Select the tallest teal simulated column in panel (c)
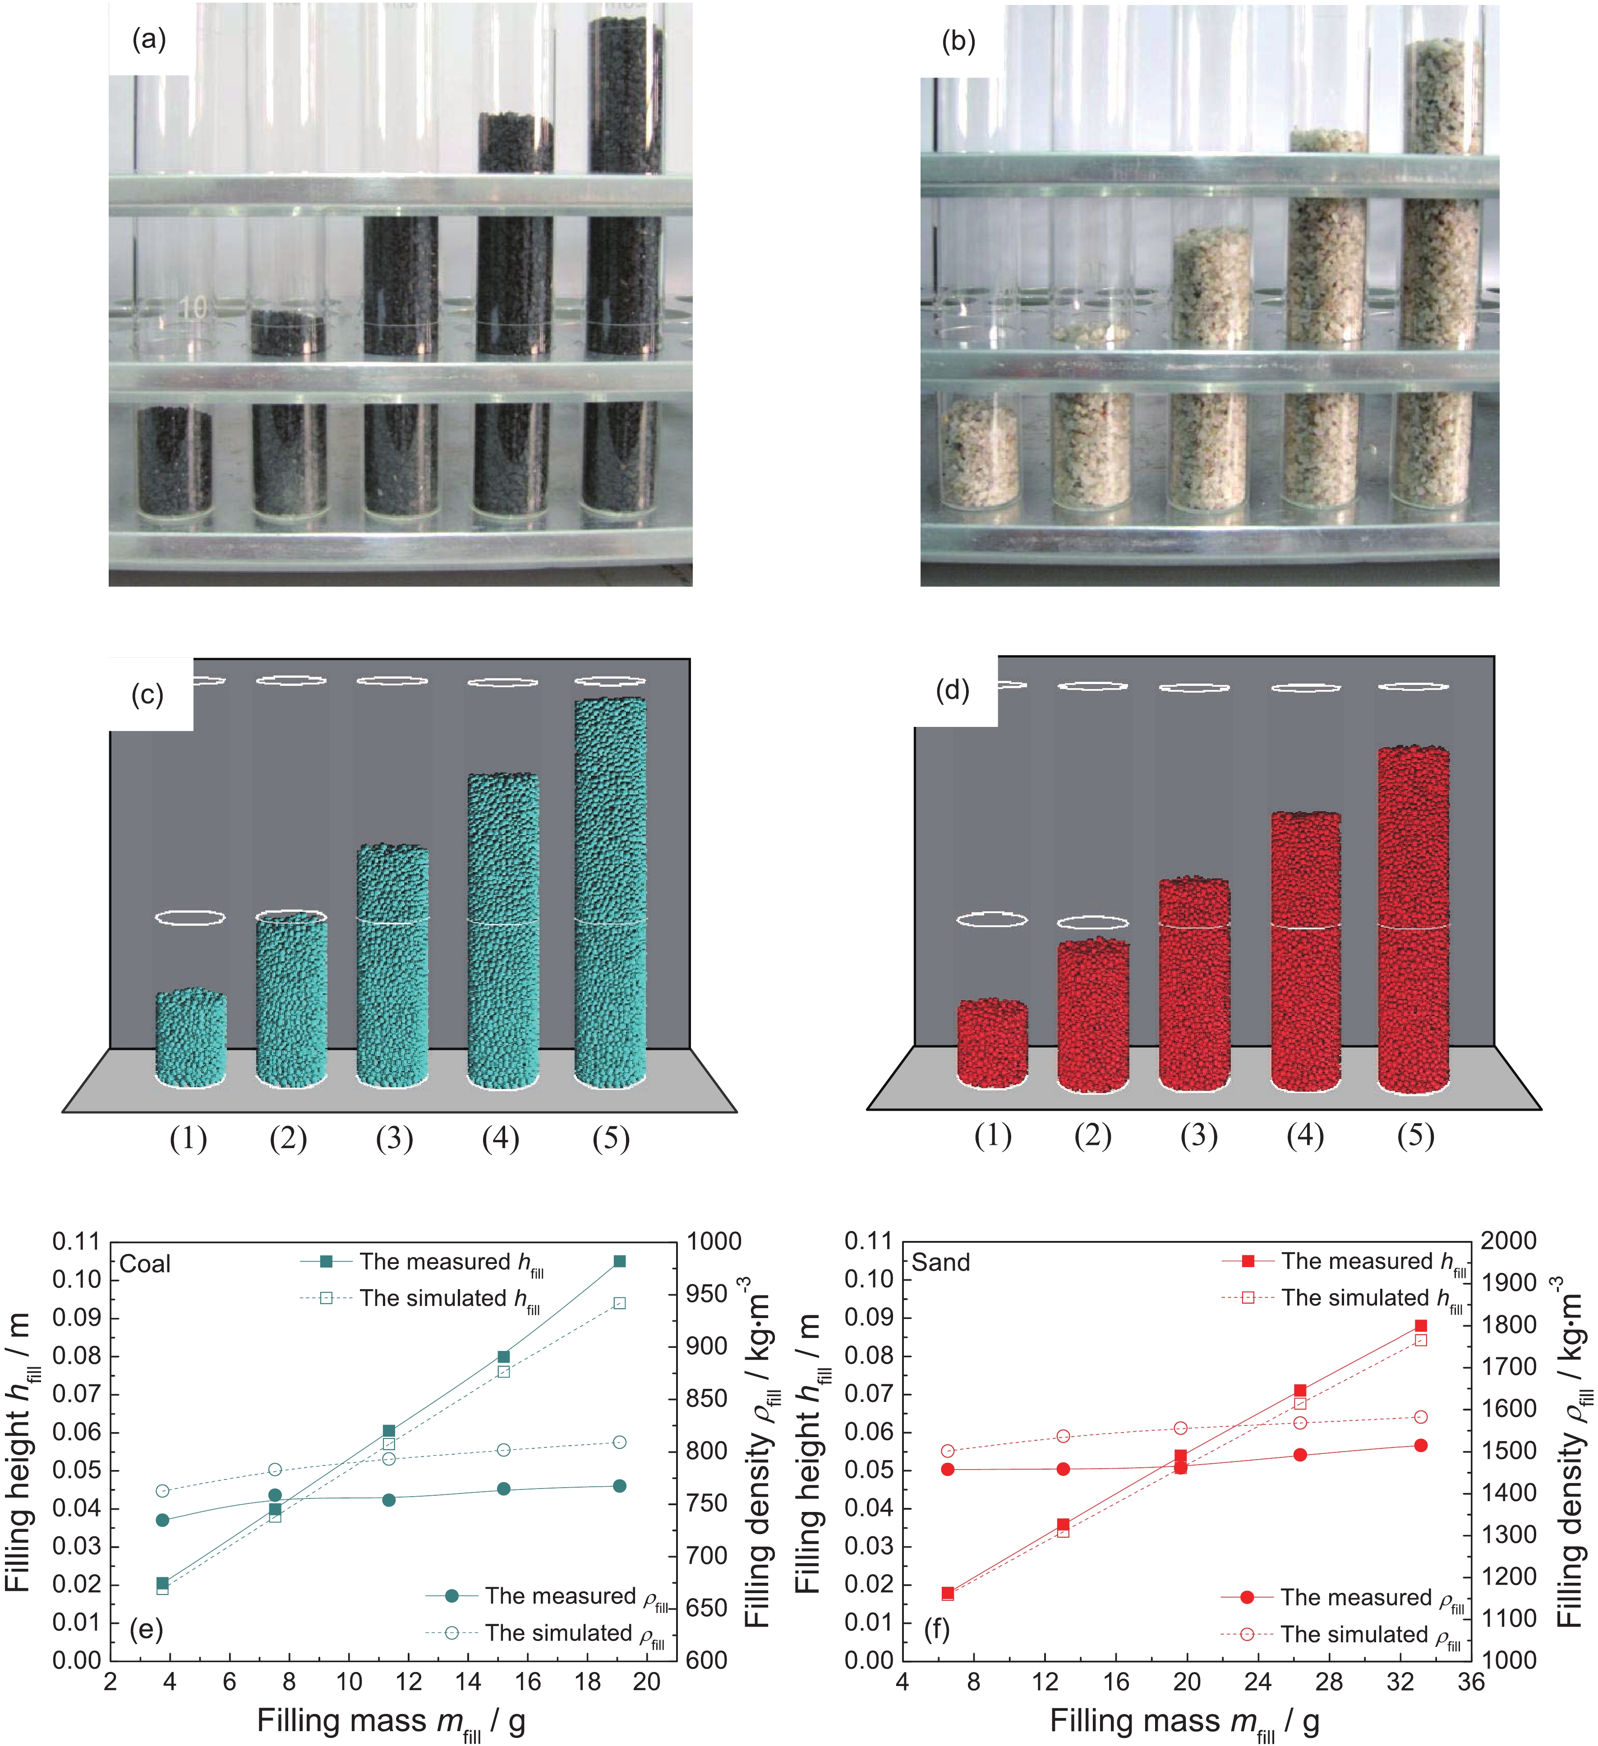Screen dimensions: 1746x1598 611,892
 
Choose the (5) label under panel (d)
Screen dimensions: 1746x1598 1415,1135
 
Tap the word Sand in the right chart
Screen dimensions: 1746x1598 940,1263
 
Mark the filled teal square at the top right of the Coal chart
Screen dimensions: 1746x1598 619,1262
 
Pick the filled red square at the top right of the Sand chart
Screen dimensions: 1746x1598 1420,1326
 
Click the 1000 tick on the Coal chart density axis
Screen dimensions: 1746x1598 714,1242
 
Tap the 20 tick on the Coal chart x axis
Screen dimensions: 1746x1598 647,1682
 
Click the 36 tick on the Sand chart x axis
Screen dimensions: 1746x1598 1471,1682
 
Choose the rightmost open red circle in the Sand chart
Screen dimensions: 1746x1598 1420,1417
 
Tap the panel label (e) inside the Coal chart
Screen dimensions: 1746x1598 147,1630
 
